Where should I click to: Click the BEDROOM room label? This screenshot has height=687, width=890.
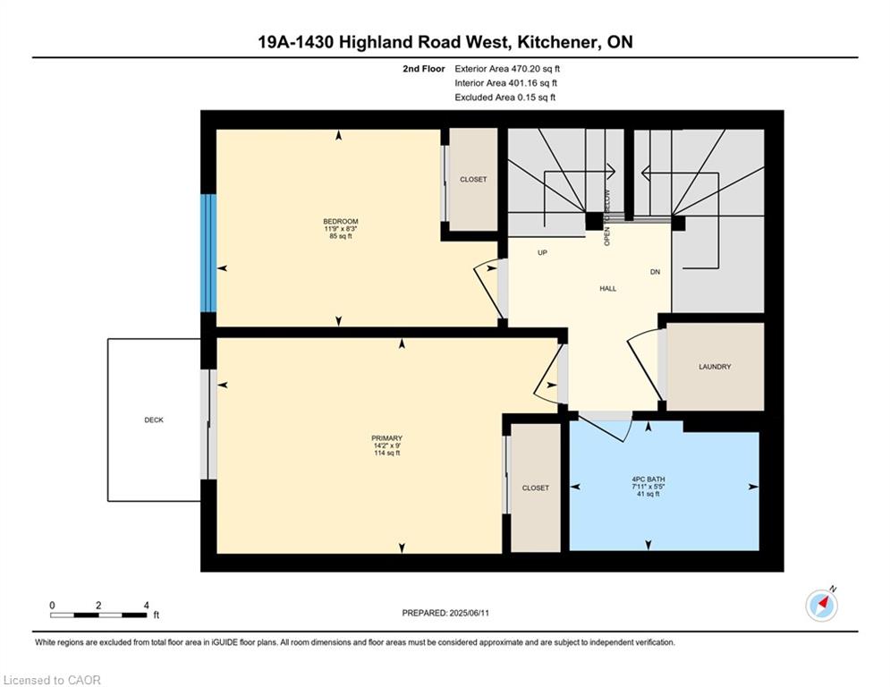click(341, 222)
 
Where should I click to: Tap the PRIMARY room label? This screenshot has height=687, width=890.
click(386, 438)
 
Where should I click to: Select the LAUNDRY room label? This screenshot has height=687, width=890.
click(715, 367)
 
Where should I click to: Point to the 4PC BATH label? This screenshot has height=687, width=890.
click(648, 479)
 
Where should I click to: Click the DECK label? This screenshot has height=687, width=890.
click(154, 420)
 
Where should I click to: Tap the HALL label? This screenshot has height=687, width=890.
click(608, 288)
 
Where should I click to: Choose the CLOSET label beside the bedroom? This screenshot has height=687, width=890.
click(473, 180)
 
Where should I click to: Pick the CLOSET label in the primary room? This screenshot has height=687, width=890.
click(535, 488)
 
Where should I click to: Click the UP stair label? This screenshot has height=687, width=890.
click(543, 252)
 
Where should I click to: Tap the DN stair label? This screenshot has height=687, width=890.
click(655, 272)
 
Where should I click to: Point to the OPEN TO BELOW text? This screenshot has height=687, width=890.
click(606, 217)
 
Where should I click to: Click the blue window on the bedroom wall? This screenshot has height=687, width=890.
click(209, 253)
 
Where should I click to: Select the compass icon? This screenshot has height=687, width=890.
click(821, 606)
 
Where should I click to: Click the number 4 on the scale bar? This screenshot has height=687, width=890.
click(146, 606)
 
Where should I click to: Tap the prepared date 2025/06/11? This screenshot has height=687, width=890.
click(469, 613)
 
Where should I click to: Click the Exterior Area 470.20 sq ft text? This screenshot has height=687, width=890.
click(507, 69)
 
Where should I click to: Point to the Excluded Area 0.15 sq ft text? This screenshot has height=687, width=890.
click(505, 98)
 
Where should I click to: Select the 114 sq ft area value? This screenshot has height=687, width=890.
click(386, 453)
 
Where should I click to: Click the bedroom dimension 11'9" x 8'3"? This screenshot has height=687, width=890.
click(341, 229)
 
